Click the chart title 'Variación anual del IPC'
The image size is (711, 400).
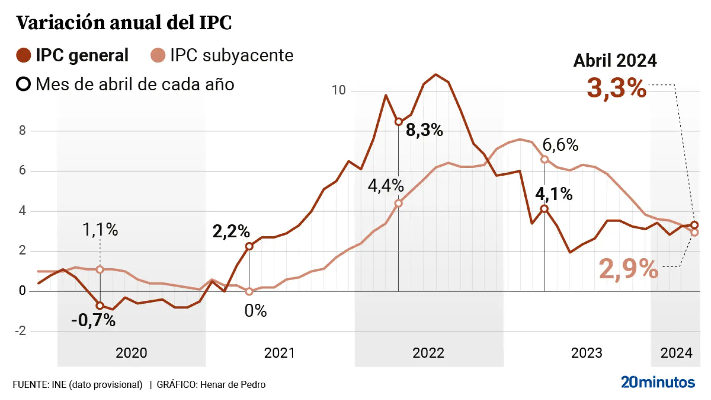[124, 23]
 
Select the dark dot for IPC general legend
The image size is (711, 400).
[23, 56]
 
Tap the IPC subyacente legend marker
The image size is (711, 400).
[158, 56]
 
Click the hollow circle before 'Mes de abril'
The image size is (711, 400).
[23, 84]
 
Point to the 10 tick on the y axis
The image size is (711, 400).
[338, 90]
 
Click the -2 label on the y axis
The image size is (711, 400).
[21, 331]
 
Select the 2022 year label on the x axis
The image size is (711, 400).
[428, 353]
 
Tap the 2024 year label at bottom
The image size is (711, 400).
[676, 353]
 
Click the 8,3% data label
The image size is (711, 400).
[424, 130]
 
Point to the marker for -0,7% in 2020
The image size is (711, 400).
[100, 306]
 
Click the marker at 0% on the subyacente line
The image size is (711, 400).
[249, 291]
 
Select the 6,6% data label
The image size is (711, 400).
[560, 145]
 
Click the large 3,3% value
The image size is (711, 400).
[617, 88]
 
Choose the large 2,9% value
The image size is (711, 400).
[628, 269]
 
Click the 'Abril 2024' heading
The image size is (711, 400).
[615, 60]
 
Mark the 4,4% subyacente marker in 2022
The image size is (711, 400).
[398, 203]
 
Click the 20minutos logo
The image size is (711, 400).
[658, 382]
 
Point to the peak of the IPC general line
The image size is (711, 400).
[435, 74]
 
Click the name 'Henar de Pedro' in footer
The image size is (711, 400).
[233, 385]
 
